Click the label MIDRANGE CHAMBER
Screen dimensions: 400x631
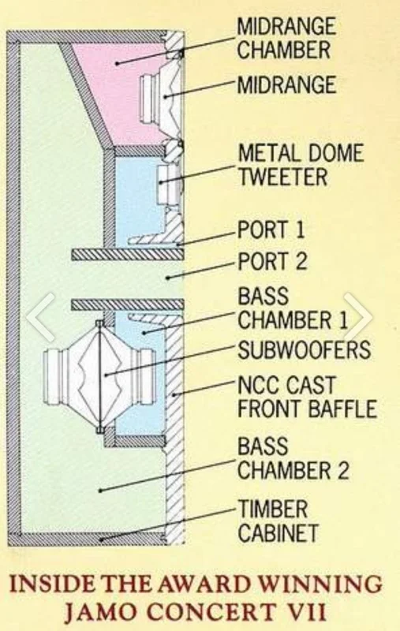click(x=286, y=39)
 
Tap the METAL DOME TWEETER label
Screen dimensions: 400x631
click(x=301, y=165)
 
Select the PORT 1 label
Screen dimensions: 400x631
click(x=271, y=230)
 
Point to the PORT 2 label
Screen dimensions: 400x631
click(x=272, y=261)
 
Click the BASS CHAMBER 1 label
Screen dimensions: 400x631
click(x=293, y=308)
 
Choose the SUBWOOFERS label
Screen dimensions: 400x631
click(x=305, y=349)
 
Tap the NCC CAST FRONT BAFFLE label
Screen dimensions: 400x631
click(x=307, y=397)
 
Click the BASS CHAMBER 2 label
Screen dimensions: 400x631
click(x=293, y=459)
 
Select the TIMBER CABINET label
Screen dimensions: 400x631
click(x=278, y=521)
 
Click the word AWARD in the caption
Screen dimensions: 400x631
click(x=196, y=584)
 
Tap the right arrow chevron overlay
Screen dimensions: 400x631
click(x=357, y=317)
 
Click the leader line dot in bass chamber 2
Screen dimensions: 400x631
click(x=100, y=491)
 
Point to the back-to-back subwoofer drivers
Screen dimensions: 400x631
click(x=99, y=377)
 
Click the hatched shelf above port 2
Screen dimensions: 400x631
click(x=128, y=255)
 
